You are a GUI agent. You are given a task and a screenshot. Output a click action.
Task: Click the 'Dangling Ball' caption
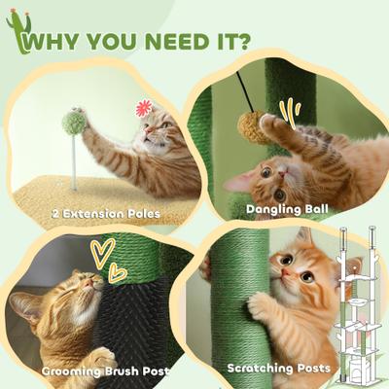[289, 207]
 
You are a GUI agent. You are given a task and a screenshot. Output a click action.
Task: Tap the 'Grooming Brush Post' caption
[106, 371]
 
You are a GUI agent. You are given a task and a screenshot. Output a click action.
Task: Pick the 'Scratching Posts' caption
[276, 368]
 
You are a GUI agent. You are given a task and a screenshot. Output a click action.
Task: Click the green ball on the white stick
[73, 123]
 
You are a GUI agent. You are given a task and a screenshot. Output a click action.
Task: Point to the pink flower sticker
[145, 108]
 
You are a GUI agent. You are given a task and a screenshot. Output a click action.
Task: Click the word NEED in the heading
[162, 43]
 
